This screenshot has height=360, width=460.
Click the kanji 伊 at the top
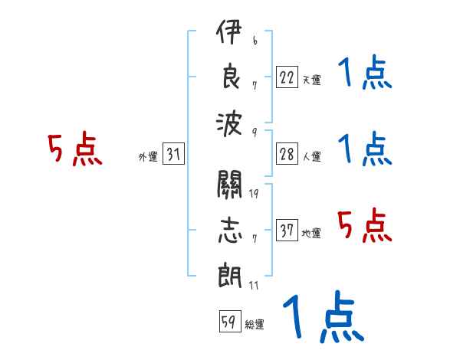tap(229, 31)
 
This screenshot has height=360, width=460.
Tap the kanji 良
tap(232, 76)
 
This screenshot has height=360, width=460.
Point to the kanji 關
tap(229, 184)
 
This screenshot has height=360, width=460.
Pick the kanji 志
tap(230, 230)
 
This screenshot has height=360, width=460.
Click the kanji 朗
tap(230, 275)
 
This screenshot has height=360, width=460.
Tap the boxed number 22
tap(287, 77)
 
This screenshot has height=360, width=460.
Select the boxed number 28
tap(287, 154)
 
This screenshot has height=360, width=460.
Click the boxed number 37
tap(287, 230)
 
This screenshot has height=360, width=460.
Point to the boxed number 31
tap(173, 153)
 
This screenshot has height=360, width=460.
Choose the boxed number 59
tap(230, 321)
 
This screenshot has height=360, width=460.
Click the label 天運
tap(312, 80)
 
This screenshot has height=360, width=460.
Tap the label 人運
tap(312, 156)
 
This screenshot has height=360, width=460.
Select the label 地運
tap(311, 233)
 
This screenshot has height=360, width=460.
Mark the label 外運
tap(148, 157)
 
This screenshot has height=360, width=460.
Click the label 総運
tap(255, 325)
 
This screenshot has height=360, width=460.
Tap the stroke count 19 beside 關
tap(254, 194)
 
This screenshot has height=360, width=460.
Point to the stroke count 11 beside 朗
tap(254, 285)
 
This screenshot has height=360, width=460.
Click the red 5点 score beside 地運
tap(364, 225)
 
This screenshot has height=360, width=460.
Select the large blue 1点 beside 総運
tap(324, 316)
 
